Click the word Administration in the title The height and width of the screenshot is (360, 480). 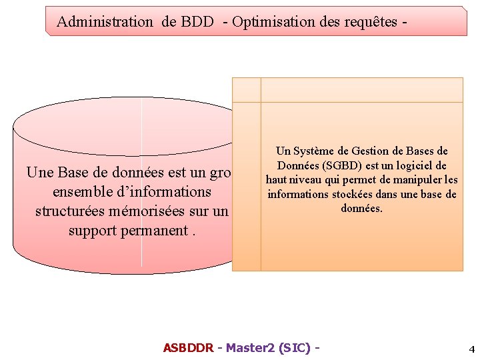click(105, 21)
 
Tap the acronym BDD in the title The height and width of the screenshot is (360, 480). click(197, 21)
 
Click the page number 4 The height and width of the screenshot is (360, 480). click(471, 349)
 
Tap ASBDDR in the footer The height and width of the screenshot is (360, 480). click(188, 348)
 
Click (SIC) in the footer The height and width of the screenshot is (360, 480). click(295, 348)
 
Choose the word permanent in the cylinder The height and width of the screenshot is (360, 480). click(154, 231)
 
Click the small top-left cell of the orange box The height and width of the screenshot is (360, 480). click(246, 90)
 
